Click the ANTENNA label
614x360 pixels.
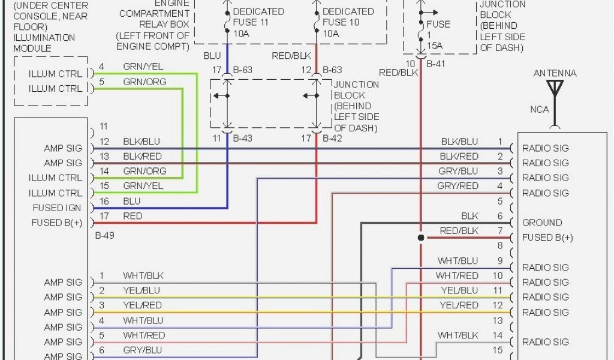coord(555,73)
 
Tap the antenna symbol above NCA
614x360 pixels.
coord(555,89)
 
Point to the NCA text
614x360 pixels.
coord(539,110)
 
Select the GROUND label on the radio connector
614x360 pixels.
coord(542,223)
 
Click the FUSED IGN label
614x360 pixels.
coord(56,208)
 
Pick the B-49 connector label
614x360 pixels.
coord(104,236)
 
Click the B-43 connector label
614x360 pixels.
coord(242,139)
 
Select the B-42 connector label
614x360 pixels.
coord(332,139)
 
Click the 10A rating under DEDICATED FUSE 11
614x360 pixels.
coord(240,34)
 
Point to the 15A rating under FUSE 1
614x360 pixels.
coord(434,46)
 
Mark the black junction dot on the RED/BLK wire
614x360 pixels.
coord(421,238)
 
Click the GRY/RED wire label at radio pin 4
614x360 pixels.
coord(458,186)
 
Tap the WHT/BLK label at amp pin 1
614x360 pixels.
coord(143,276)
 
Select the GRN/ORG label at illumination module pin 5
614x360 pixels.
coord(145,82)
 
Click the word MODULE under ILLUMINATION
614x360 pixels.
coord(32,49)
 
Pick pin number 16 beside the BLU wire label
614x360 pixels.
coord(104,202)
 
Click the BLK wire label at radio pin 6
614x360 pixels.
coord(469,216)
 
